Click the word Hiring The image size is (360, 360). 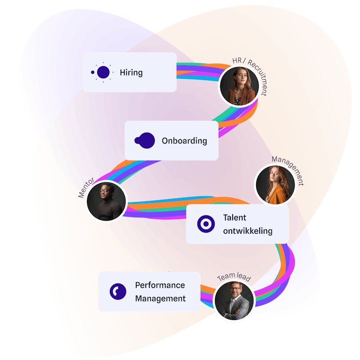[x=131, y=72]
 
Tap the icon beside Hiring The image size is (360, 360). [x=103, y=72]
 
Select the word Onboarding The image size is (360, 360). [x=184, y=141]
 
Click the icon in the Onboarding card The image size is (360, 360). [x=145, y=140]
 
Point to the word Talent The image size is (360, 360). [x=234, y=218]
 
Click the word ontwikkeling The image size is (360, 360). [x=247, y=231]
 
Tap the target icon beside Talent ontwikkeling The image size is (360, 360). [x=206, y=224]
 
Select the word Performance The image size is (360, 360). [x=160, y=285]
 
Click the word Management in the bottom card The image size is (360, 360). [x=160, y=298]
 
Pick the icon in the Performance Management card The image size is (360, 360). [x=118, y=292]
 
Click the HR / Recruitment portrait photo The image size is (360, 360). [x=238, y=85]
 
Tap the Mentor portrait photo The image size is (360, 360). [x=107, y=201]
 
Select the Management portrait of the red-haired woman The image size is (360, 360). [x=275, y=184]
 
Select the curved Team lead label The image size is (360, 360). [x=234, y=278]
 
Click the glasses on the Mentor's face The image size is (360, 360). [x=105, y=191]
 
